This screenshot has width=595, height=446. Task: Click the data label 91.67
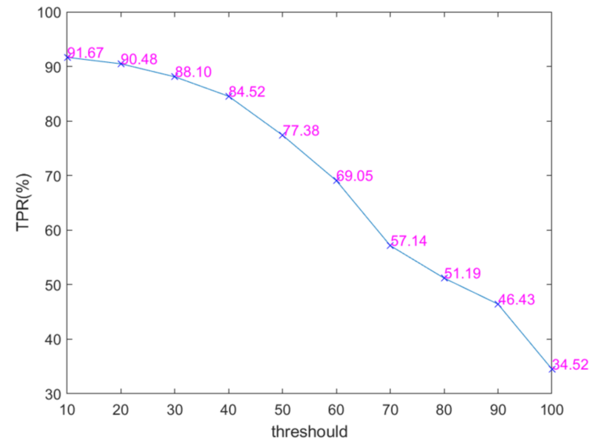(x=85, y=53)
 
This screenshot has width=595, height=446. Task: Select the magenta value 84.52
(x=247, y=92)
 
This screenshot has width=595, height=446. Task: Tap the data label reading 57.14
(x=408, y=241)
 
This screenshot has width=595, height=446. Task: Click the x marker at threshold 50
(x=282, y=135)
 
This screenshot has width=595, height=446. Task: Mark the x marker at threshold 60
(x=336, y=181)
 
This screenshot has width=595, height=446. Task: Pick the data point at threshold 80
(x=444, y=278)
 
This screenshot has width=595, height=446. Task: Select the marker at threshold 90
(x=498, y=304)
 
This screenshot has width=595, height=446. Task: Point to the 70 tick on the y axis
(x=53, y=176)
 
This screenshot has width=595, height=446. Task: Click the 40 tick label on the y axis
(x=53, y=339)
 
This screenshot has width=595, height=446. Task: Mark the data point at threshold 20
(x=121, y=64)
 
